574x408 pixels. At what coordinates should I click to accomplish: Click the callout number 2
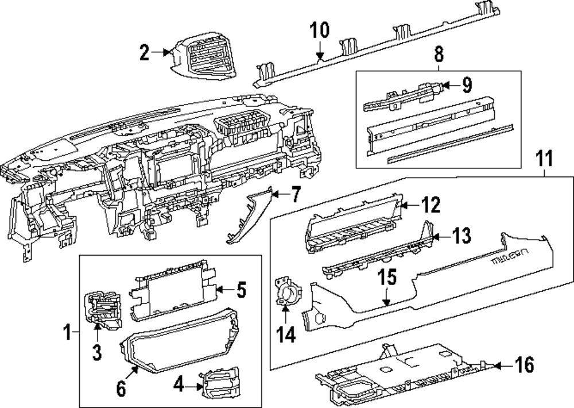(x=144, y=54)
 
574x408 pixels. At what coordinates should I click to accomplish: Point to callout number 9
(x=466, y=86)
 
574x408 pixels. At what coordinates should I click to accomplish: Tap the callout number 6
(x=121, y=388)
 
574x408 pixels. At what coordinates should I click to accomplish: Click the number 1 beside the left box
(x=67, y=332)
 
